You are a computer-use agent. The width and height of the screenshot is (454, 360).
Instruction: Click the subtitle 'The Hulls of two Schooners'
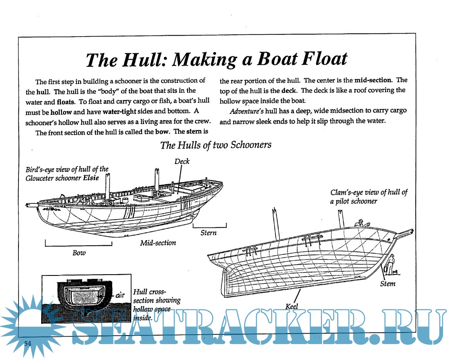216,145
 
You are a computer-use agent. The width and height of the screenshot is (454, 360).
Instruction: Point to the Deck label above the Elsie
182,161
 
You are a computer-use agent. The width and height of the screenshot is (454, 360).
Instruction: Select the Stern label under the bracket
209,233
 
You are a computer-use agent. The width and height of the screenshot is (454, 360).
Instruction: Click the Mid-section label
158,243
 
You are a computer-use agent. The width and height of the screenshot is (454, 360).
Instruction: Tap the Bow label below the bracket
79,253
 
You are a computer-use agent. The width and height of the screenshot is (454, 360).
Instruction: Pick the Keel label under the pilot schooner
291,306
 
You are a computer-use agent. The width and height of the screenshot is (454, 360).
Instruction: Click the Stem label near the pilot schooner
387,283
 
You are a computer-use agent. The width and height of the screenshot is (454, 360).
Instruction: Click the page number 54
28,343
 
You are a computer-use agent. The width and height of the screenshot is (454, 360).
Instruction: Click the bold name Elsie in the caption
90,178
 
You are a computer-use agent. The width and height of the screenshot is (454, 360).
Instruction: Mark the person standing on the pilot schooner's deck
359,224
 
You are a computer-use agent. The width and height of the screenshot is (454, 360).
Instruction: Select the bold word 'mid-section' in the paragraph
373,80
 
